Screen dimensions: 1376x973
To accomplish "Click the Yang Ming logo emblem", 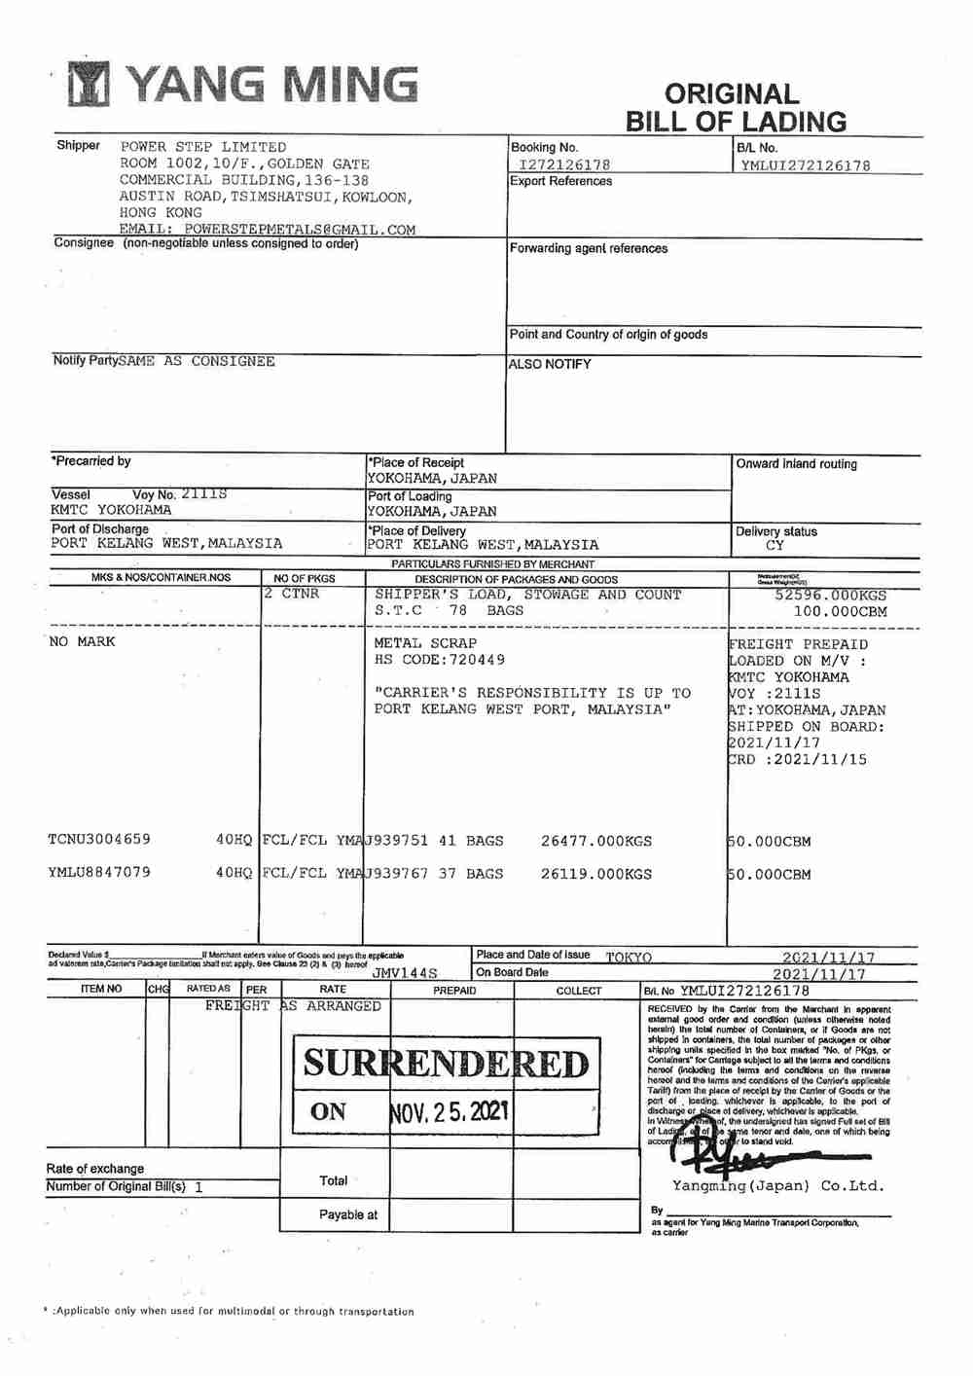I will pos(90,85).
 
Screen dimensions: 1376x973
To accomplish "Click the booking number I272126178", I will pos(564,164).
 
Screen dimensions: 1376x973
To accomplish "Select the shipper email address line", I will pos(268,230).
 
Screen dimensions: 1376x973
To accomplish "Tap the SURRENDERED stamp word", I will pos(447,1064).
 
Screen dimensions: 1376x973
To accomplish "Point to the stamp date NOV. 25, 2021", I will pos(449,1111).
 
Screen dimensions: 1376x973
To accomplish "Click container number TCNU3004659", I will pos(99,839).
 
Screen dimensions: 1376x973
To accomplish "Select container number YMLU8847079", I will pos(99,872).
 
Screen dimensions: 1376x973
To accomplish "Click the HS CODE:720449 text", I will pos(440,660).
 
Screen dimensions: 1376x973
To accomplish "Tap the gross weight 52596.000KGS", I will pos(831,595).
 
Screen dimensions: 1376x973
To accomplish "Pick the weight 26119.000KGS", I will pos(596,874).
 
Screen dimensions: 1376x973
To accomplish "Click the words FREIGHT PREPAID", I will pos(799,644).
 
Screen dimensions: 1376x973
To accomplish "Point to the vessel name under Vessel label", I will pos(111,510).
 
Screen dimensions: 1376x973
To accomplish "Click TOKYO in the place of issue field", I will pos(629,958).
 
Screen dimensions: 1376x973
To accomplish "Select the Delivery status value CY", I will pos(775,546).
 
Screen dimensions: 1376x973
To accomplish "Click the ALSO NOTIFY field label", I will pos(550,364).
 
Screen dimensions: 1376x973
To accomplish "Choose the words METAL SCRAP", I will pos(425,643).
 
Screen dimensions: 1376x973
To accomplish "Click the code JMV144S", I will pos(405,972).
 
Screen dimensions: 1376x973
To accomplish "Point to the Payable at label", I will pos(347,1214).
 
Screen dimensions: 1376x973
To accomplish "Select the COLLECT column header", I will pos(579,991).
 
